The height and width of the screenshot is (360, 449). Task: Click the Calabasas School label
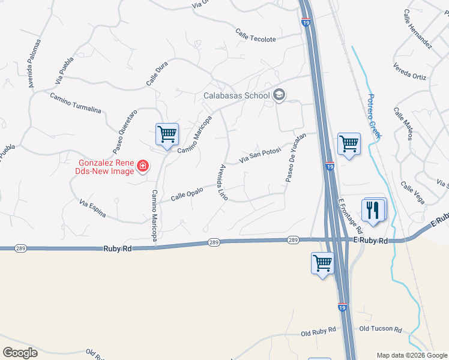pos(236,95)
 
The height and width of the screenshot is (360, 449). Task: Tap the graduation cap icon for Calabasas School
pos(279,95)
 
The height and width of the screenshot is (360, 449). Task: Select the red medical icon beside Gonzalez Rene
pos(143,166)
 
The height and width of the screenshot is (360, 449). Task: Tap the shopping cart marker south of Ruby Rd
pos(322,263)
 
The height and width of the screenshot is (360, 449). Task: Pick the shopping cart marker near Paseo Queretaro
pos(167,134)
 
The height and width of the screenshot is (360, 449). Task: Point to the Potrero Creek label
pos(374,116)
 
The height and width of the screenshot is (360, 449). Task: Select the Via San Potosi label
pos(261,155)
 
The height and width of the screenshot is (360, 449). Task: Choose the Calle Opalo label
pos(186,193)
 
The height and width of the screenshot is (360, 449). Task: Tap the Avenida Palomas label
pos(35,64)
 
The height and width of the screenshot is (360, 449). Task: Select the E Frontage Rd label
pos(351,216)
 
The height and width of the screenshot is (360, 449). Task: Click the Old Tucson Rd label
pos(381,329)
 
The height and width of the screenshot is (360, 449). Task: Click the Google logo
pos(20,352)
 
